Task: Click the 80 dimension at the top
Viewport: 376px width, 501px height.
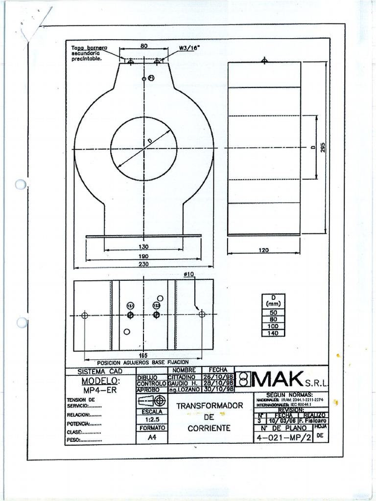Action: (144, 46)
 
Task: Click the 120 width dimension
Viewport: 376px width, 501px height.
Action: (263, 250)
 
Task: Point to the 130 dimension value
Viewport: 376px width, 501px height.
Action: (143, 247)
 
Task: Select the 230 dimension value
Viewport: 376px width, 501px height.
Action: (143, 264)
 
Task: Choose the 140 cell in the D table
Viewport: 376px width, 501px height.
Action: (273, 333)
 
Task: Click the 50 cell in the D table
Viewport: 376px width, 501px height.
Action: (273, 312)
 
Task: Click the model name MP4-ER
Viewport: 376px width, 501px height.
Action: (100, 390)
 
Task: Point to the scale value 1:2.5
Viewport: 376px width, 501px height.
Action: (151, 419)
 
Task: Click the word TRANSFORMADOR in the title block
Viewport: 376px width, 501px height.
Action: (210, 406)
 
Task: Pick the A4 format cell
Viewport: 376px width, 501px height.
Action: (151, 438)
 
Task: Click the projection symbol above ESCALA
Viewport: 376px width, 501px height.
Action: (152, 401)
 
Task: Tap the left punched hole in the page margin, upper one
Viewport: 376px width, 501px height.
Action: (21, 184)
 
